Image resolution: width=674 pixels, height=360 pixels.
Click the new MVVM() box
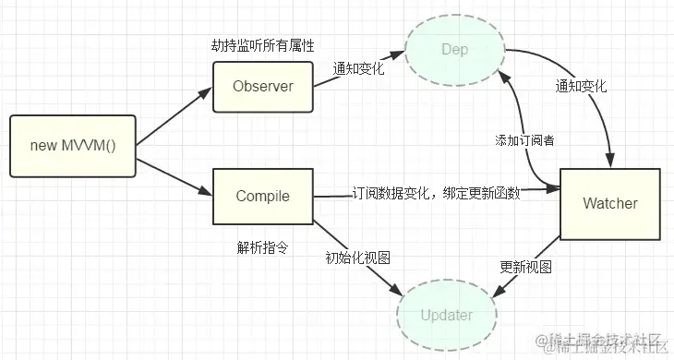coord(73,146)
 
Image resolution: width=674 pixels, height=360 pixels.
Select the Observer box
coord(262,87)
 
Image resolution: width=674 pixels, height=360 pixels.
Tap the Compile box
coord(262,196)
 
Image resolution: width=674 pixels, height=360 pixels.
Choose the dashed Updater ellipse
coord(446,314)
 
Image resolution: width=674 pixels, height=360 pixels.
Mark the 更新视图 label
coord(525,267)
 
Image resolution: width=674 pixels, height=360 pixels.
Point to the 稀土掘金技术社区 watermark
coord(603,342)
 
